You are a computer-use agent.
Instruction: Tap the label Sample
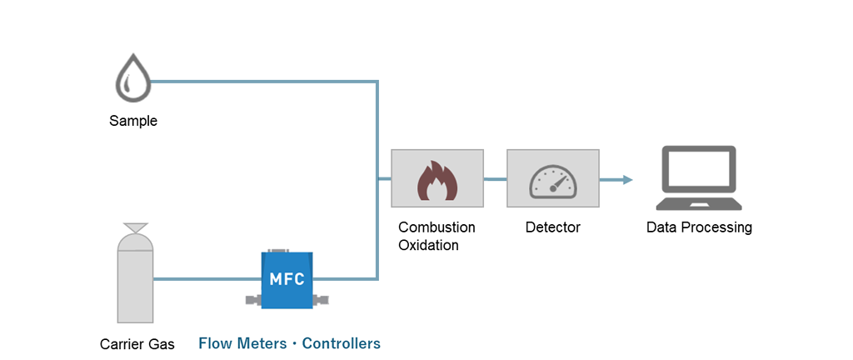(x=133, y=121)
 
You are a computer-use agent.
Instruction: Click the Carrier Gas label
(x=137, y=343)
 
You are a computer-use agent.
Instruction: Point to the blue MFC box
(x=287, y=279)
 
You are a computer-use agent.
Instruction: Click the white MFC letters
(x=287, y=277)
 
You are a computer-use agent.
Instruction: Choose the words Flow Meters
(x=240, y=343)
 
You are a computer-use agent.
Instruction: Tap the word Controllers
(x=341, y=343)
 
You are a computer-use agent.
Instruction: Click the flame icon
(x=437, y=180)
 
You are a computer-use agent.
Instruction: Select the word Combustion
(x=436, y=227)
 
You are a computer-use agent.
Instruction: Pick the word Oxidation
(x=428, y=245)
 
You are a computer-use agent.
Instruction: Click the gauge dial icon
(x=553, y=180)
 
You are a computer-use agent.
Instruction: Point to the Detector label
(x=553, y=227)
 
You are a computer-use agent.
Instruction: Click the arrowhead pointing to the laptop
(x=627, y=179)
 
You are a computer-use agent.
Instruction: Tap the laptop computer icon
(x=698, y=177)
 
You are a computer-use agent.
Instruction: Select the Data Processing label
(x=699, y=227)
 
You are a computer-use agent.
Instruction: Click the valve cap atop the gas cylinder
(x=135, y=227)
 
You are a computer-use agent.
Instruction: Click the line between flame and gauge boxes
(x=495, y=179)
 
